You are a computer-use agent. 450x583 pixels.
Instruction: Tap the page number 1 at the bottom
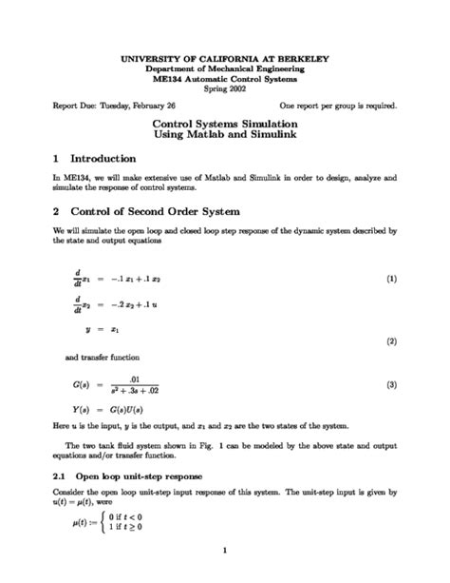[224, 549]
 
